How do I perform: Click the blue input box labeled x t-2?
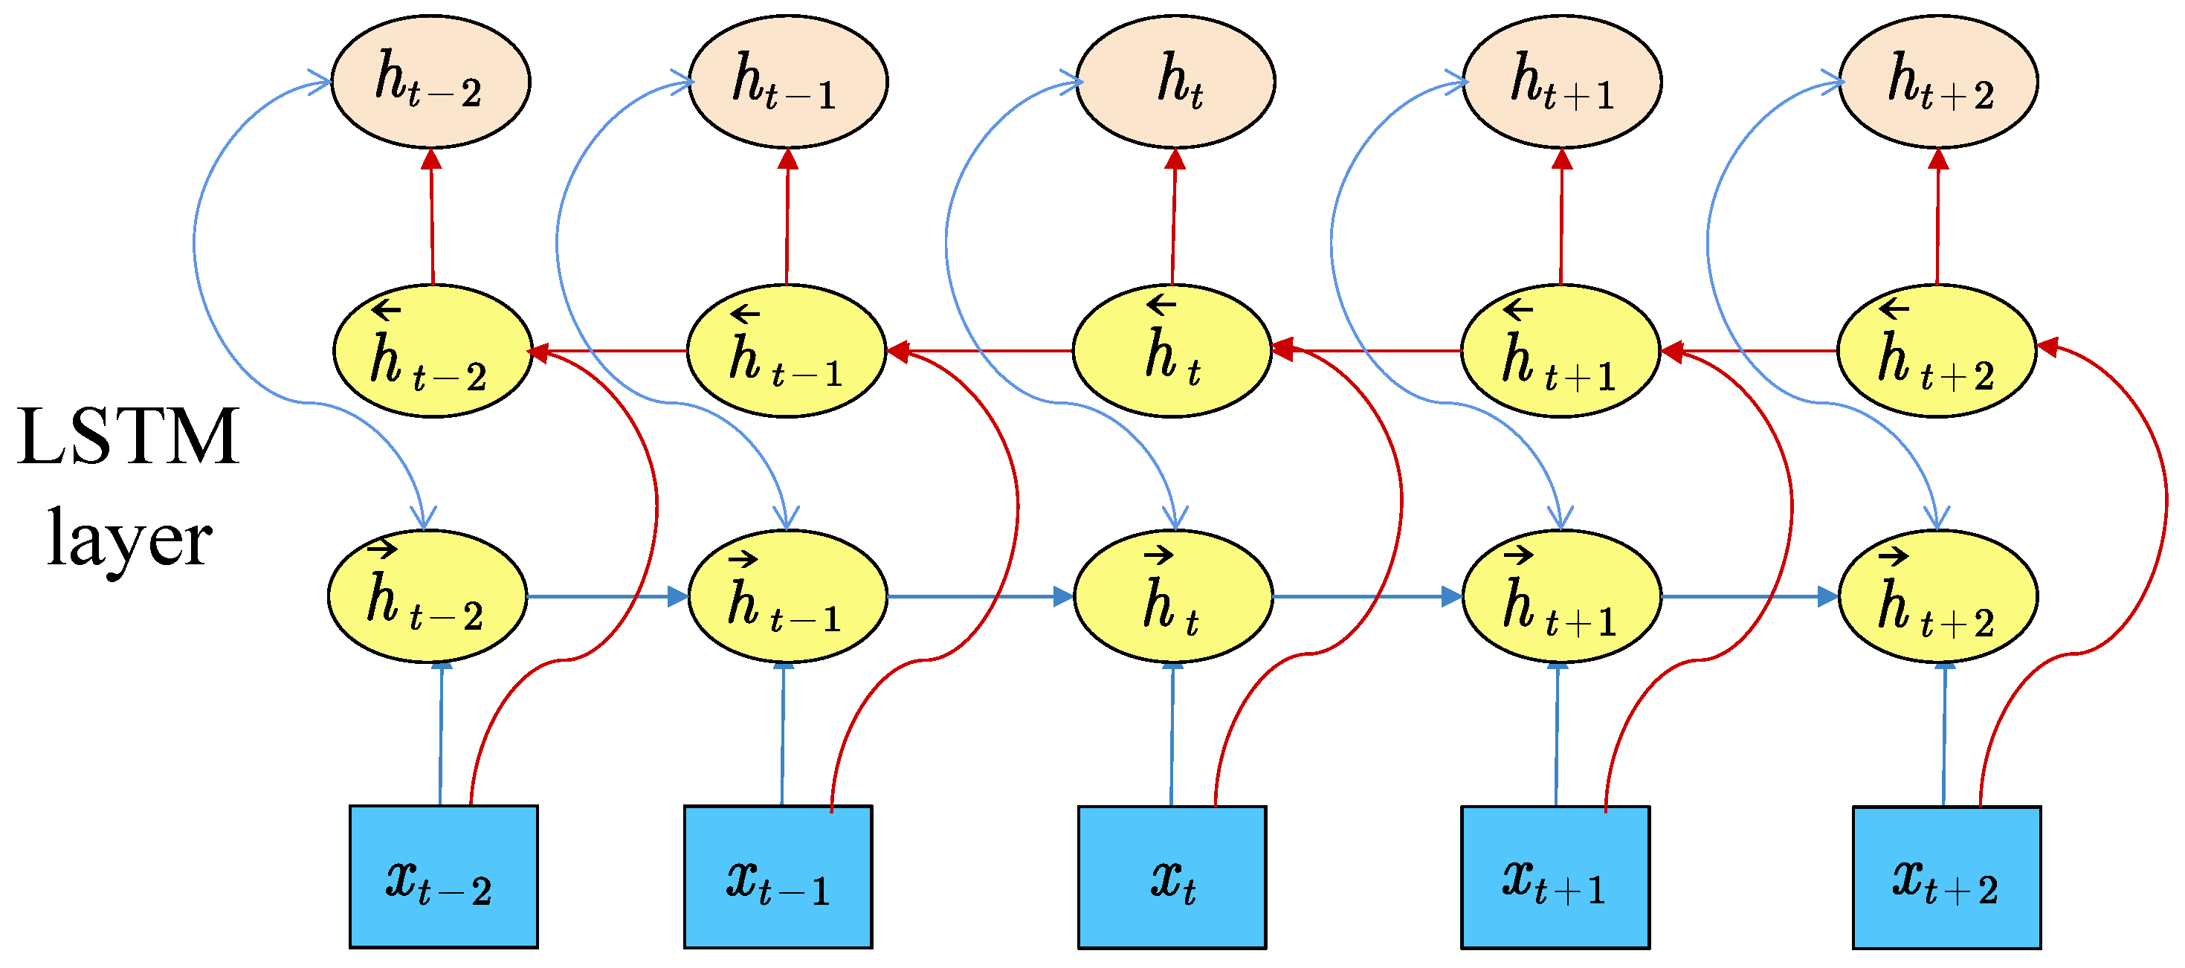(x=444, y=876)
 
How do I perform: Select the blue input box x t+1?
(x=1555, y=877)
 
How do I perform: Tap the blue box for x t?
(x=1172, y=877)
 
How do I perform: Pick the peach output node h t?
(x=1175, y=82)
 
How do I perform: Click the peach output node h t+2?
(x=1937, y=82)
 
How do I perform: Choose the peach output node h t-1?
(x=787, y=82)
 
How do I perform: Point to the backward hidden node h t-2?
(x=433, y=350)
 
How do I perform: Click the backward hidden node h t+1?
(x=1560, y=350)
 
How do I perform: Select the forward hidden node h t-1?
(x=787, y=596)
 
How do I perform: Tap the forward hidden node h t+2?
(x=1937, y=596)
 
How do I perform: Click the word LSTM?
(x=128, y=437)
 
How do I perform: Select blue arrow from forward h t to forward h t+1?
(x=1366, y=597)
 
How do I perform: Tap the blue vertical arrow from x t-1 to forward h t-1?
(x=782, y=734)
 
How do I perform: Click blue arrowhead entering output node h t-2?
(x=320, y=83)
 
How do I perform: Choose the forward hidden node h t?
(x=1173, y=596)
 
